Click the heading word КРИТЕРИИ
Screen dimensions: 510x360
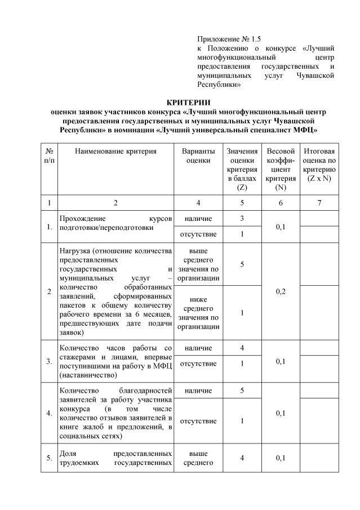tap(180, 102)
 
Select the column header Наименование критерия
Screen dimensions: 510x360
tap(115, 152)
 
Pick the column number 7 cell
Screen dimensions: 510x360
tap(319, 203)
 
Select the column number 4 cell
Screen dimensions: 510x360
tap(198, 203)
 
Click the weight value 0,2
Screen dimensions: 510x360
tap(281, 291)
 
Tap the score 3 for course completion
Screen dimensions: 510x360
tap(242, 218)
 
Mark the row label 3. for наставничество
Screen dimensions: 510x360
tap(50, 362)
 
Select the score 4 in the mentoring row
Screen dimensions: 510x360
tap(242, 348)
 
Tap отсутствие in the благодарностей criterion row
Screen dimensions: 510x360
tap(198, 421)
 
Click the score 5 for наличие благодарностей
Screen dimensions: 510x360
tap(242, 390)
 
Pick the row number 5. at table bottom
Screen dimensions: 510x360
tap(50, 458)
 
